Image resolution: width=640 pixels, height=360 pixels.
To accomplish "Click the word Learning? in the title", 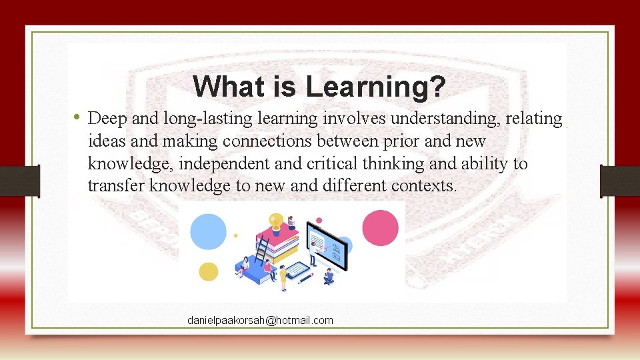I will tap(376, 87).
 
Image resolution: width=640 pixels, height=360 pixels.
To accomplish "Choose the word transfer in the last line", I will tap(115, 186).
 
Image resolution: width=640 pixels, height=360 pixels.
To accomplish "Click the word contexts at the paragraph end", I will tap(427, 186).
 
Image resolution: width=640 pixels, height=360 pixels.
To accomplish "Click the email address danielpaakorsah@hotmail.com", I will tap(260, 321).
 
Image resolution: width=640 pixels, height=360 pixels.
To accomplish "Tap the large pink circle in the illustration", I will tap(380, 227).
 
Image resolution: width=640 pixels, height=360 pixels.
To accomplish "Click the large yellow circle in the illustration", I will tap(209, 271).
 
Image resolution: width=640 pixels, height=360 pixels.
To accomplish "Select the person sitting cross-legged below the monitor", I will tap(328, 276).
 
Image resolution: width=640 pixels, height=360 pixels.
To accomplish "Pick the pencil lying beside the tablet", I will tap(307, 279).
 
